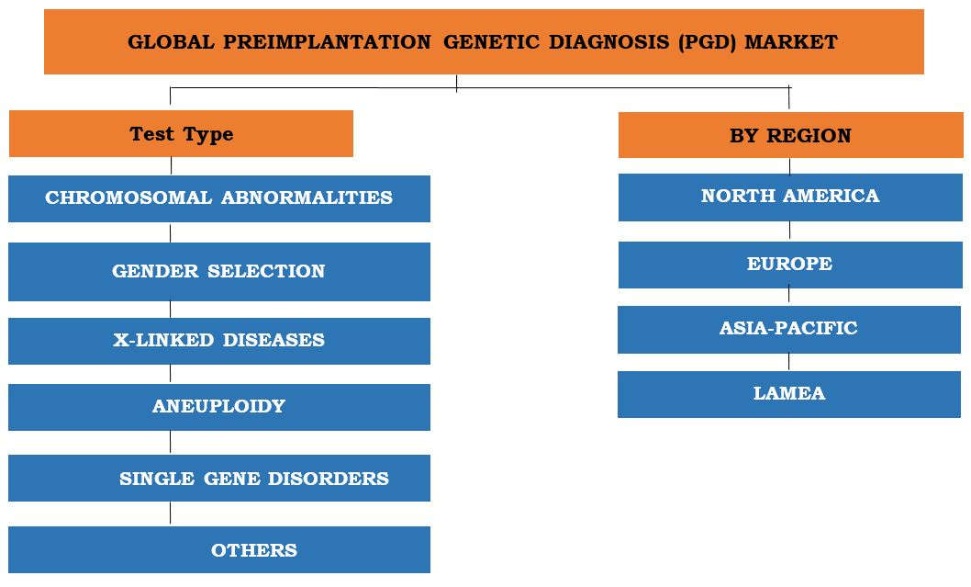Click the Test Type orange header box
[x=181, y=134]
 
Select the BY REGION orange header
[x=790, y=136]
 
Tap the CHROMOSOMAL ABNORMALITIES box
[x=218, y=198]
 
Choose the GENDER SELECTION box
[x=218, y=272]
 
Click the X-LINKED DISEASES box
[x=218, y=341]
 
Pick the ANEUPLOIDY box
[x=218, y=407]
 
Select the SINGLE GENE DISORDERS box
[x=218, y=479]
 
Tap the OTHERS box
[x=218, y=550]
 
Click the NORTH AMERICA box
[x=789, y=197]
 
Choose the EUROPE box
[x=789, y=265]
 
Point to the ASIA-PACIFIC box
[x=789, y=329]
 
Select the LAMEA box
[x=789, y=394]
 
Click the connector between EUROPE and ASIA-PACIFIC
[x=789, y=297]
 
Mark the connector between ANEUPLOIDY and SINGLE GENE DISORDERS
[x=171, y=443]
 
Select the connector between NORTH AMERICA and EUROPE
[x=789, y=231]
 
